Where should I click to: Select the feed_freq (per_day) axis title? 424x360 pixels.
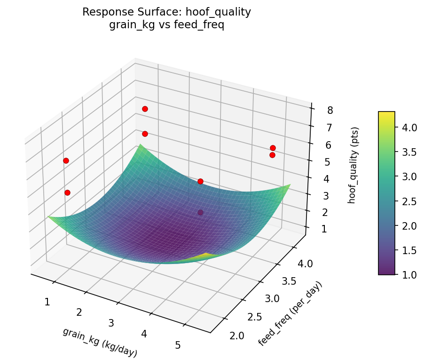[291, 313]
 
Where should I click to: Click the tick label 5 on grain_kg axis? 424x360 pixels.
[178, 345]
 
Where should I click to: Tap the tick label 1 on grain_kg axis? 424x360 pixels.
[47, 302]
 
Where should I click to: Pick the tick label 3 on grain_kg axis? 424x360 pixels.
[111, 323]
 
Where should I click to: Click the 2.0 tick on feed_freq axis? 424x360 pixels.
[237, 336]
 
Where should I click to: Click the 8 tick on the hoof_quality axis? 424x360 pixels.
[330, 111]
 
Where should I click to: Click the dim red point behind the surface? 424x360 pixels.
[201, 213]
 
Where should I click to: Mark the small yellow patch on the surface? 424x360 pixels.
[205, 256]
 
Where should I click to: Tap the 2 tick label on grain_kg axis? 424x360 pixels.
[79, 312]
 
